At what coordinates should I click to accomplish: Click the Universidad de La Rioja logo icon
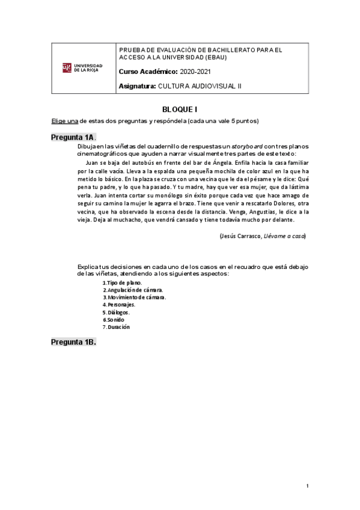point(67,67)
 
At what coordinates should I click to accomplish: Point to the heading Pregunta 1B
point(73,342)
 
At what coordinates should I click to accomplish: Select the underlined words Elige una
point(64,121)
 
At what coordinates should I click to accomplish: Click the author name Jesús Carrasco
point(240,236)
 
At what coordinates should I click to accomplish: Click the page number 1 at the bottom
point(307,485)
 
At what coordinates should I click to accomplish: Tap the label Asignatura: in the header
point(138,86)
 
